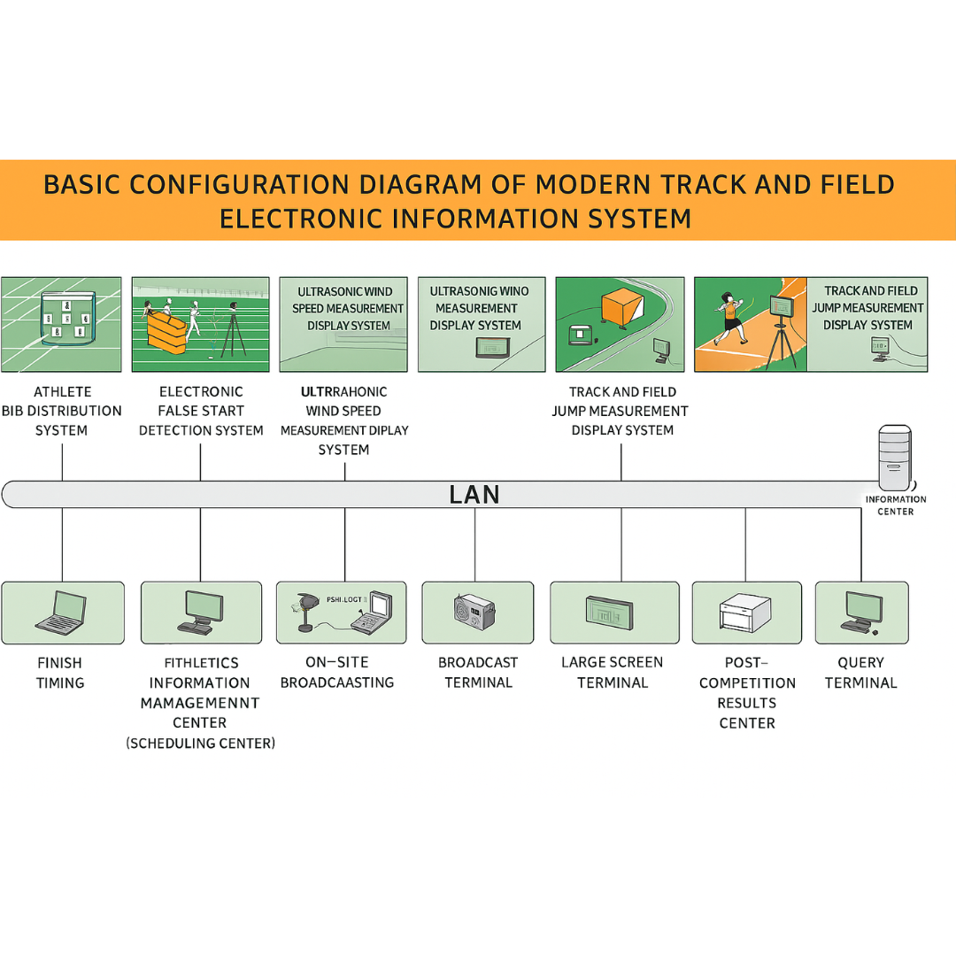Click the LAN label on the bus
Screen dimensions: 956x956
[474, 494]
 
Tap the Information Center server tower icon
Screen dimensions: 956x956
[894, 458]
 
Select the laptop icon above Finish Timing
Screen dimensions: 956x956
[61, 611]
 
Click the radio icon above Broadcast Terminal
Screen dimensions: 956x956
[474, 612]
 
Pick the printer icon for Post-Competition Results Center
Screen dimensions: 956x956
[746, 612]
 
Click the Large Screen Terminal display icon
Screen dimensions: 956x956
[609, 612]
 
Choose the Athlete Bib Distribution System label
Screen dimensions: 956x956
[61, 411]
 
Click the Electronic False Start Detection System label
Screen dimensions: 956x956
[201, 411]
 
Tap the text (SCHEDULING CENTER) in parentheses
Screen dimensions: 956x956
[200, 744]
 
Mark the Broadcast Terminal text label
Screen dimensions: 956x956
[478, 672]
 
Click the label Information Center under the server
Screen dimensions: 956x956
[895, 505]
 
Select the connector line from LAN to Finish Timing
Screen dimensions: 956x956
[62, 544]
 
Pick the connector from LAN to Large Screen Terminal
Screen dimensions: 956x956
[621, 544]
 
